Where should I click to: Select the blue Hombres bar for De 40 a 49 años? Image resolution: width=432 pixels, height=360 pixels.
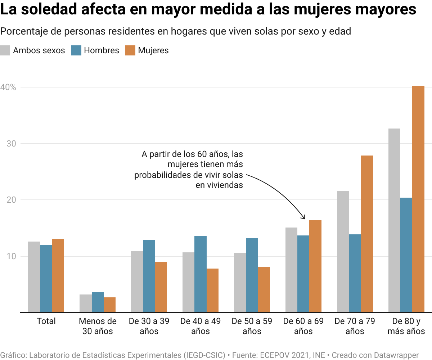(201, 274)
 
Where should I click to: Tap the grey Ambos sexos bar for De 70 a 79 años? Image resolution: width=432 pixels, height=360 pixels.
(343, 252)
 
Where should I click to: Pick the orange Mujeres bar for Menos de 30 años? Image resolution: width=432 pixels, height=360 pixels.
(109, 305)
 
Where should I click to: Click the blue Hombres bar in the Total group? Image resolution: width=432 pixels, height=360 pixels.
(46, 279)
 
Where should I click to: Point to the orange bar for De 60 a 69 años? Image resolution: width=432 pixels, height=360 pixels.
(315, 266)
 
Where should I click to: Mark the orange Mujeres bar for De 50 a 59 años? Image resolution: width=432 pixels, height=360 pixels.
(264, 289)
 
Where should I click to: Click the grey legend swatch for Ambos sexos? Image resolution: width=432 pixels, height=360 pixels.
(5, 50)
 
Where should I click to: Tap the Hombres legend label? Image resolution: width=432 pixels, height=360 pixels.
(101, 50)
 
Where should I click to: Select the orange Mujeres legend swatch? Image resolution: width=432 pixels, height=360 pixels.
(130, 50)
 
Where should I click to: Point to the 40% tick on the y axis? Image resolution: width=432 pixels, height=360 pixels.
(8, 87)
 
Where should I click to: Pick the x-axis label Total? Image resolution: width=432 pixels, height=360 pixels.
(46, 321)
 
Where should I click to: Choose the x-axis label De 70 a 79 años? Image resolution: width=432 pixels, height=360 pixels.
(355, 326)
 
